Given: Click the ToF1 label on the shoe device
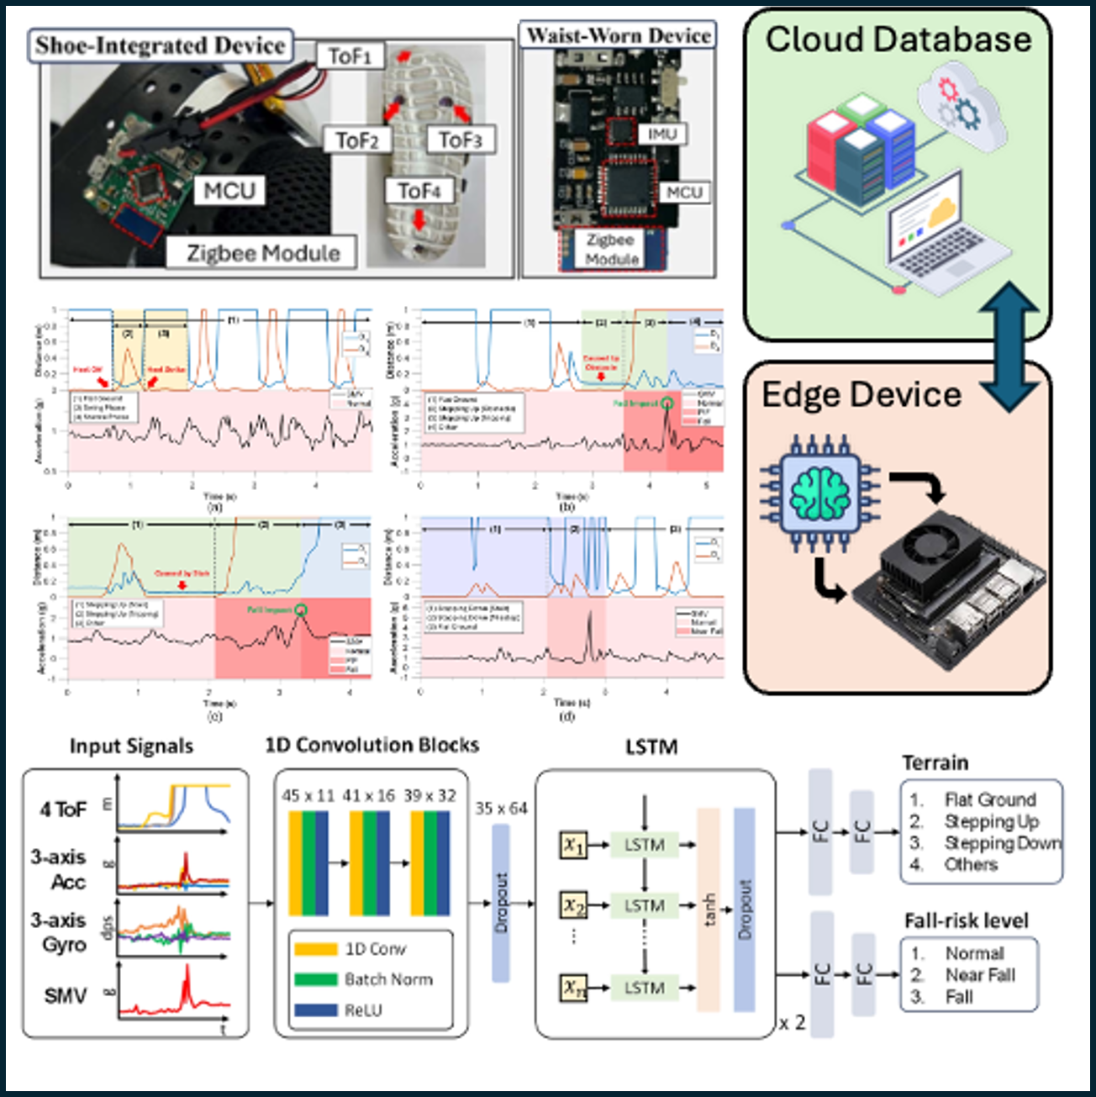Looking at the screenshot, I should (350, 56).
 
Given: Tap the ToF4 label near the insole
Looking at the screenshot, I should (419, 191).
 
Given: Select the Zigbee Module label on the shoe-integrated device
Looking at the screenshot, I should (262, 253).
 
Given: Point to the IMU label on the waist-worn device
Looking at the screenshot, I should (661, 134).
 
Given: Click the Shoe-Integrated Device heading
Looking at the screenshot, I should (161, 45).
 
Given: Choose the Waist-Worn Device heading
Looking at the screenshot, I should (619, 35).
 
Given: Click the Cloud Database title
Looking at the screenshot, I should (898, 40).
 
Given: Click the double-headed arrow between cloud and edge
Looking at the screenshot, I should (1009, 346).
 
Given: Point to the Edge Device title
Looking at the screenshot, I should (862, 395).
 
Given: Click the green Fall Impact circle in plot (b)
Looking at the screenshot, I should (667, 403).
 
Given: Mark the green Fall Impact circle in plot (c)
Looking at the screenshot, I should (302, 611).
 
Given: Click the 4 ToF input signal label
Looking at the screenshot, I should (63, 810).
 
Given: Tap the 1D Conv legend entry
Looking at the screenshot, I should (375, 949).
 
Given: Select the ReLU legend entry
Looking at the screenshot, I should (363, 1010).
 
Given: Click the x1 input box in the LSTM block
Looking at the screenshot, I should (573, 845).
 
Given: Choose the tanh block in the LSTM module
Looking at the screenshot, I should (709, 910).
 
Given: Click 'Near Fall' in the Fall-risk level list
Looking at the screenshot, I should (980, 975).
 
